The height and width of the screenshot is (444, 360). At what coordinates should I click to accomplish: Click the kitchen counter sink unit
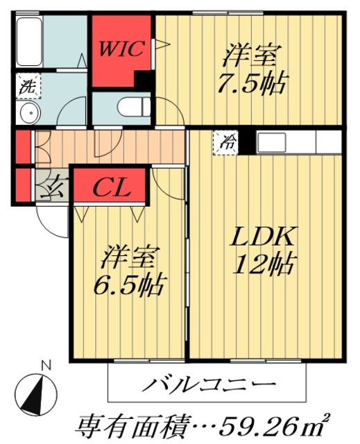(284, 142)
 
